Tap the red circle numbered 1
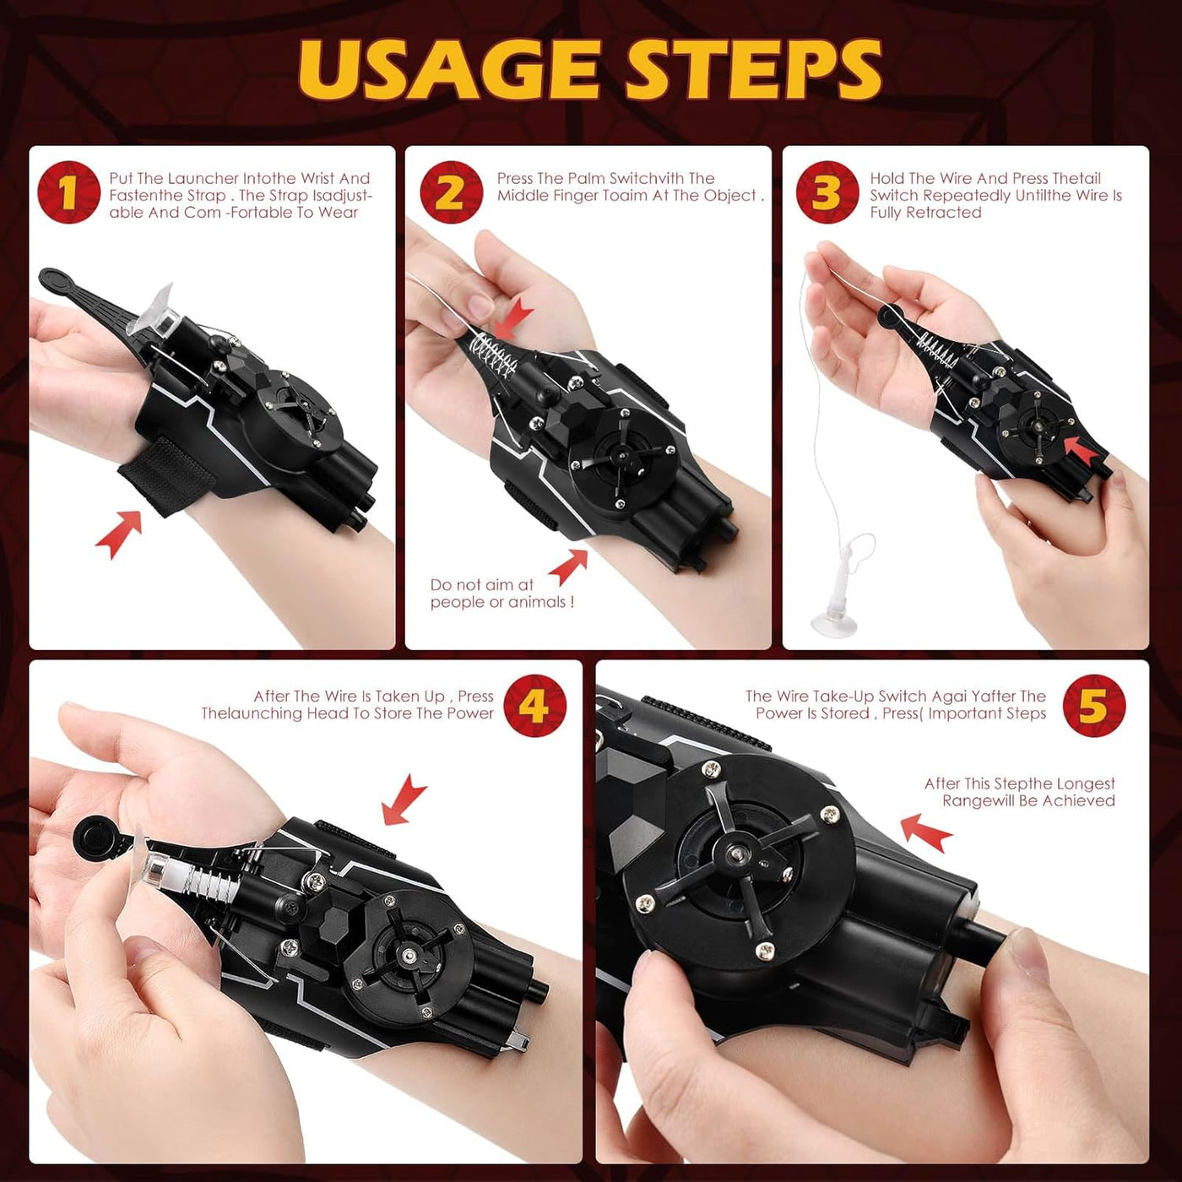pos(68,192)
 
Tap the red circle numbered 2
pos(452,192)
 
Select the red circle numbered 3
pos(827,192)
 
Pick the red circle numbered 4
pos(534,706)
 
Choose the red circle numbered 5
pos(1093,706)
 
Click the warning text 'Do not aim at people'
pos(502,593)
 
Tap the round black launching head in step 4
pos(92,839)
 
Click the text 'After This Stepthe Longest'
pos(1019,783)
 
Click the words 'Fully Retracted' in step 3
pos(925,213)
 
